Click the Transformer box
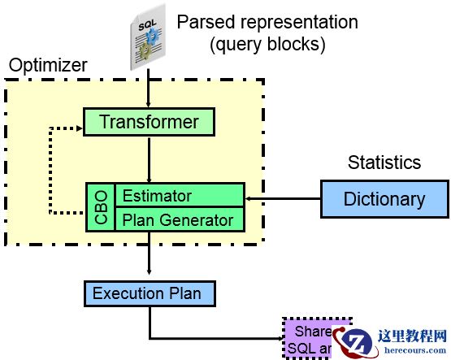click(x=149, y=123)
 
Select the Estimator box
click(x=178, y=196)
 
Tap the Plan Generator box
click(x=178, y=219)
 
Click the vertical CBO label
click(x=101, y=207)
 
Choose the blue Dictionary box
click(x=384, y=199)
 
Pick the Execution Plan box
click(x=149, y=293)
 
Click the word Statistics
click(x=384, y=163)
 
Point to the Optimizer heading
click(x=48, y=64)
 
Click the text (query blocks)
click(x=267, y=45)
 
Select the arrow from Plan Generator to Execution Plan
click(x=149, y=255)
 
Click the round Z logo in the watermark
click(x=357, y=342)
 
